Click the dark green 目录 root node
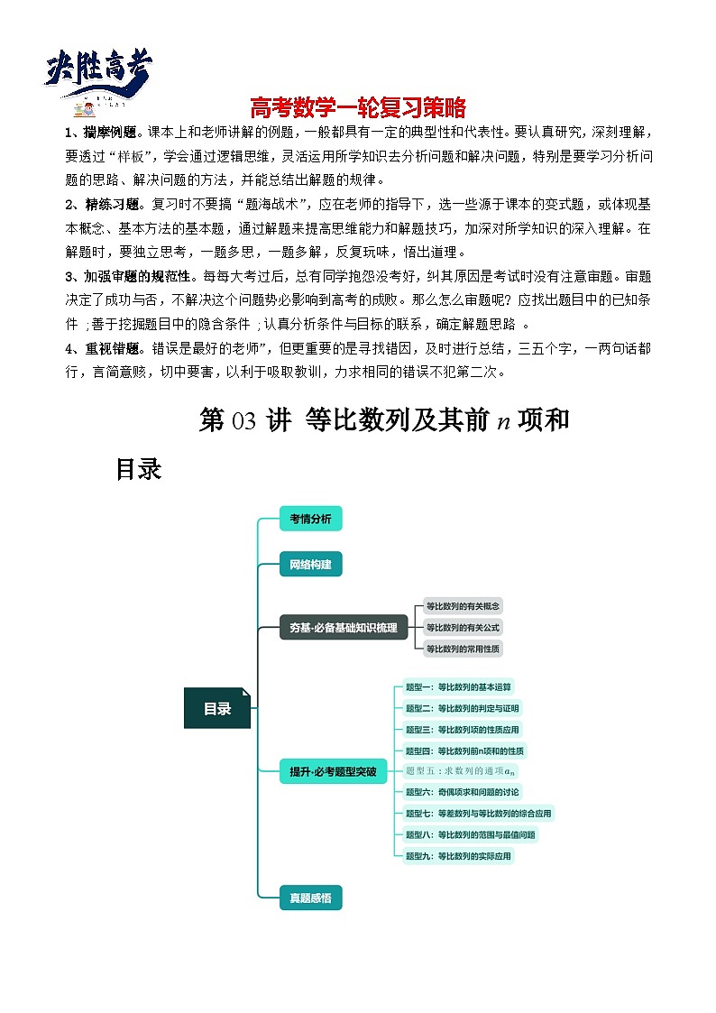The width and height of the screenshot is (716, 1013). [216, 708]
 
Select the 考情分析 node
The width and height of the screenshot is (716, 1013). [310, 519]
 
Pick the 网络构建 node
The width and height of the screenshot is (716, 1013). [310, 566]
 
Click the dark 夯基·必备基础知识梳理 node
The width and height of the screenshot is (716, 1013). [344, 628]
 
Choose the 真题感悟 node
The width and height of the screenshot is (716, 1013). [310, 898]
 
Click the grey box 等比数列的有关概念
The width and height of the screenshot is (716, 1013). [463, 607]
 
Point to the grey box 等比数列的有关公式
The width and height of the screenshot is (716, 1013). [463, 628]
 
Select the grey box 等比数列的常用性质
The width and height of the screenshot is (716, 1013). [463, 649]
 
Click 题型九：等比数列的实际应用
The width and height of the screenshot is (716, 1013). [459, 855]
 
